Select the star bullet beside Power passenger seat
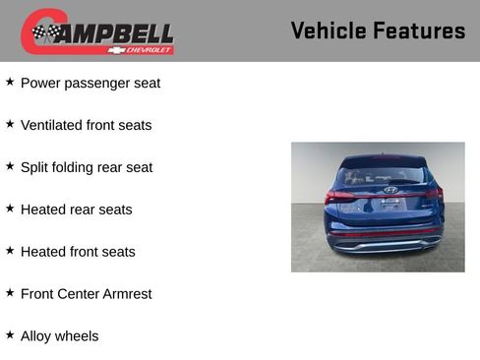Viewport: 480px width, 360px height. pos(10,82)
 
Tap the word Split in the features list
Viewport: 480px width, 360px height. pos(35,167)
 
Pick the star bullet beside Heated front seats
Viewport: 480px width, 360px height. pos(10,251)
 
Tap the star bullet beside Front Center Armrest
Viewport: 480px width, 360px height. pos(10,292)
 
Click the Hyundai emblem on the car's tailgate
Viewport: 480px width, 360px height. pos(390,190)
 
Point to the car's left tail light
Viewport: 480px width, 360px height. pos(339,196)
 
